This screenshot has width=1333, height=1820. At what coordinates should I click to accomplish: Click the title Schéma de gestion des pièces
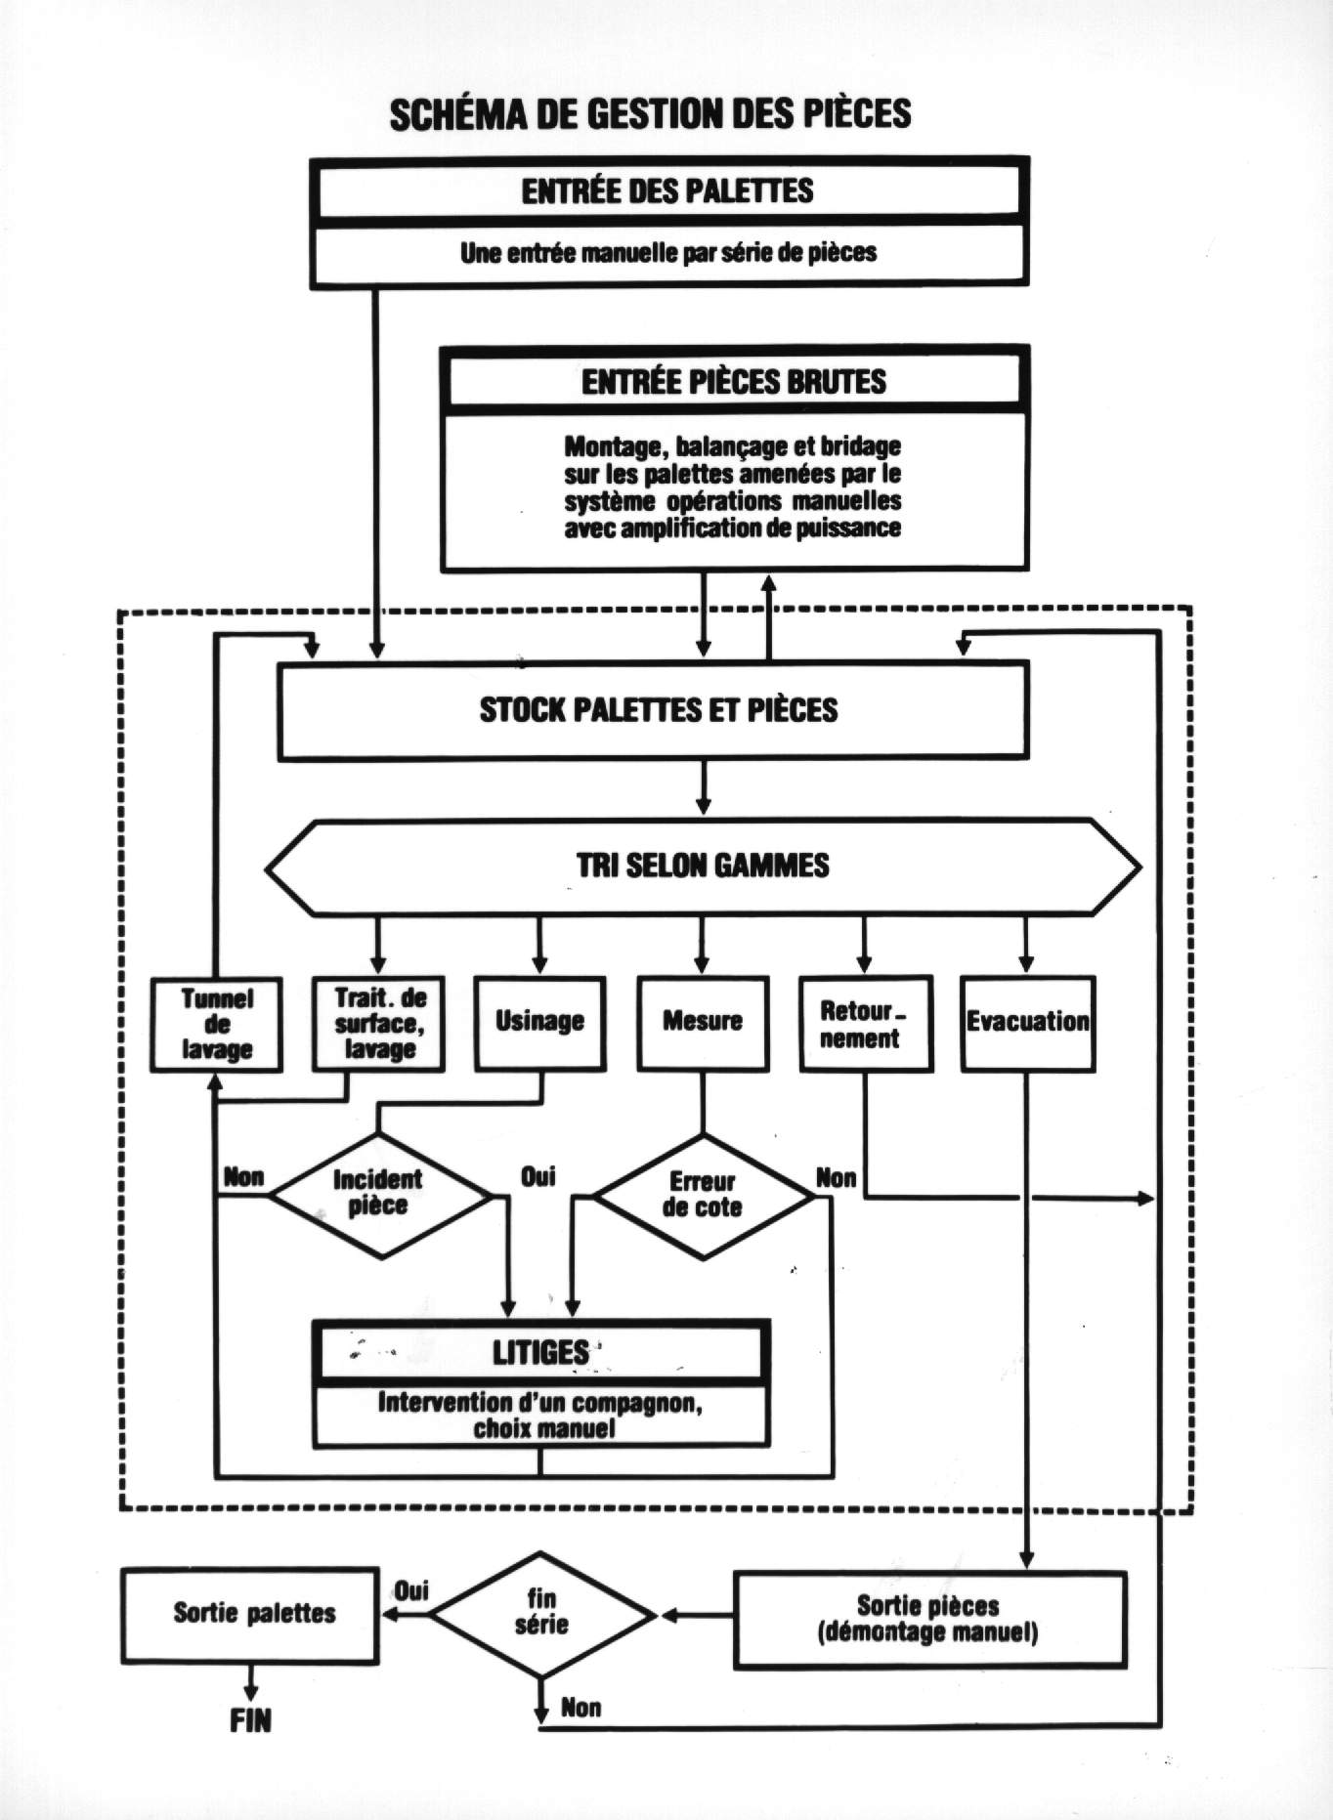pos(650,114)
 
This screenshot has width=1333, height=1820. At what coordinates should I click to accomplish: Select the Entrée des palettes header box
pos(668,190)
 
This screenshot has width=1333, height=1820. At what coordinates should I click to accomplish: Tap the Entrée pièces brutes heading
pos(734,381)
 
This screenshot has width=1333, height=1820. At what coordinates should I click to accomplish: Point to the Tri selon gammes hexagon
pos(703,866)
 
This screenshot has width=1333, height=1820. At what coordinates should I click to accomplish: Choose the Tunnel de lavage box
pos(217,1024)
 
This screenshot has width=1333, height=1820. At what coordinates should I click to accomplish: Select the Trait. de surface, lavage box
pos(379,1024)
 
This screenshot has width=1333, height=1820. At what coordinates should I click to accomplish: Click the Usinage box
pos(539,1022)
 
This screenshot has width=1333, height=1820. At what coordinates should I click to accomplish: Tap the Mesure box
pos(703,1022)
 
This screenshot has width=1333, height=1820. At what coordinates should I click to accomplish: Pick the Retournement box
pos(865,1024)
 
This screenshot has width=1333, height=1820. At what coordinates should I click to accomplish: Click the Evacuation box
pos(1027,1022)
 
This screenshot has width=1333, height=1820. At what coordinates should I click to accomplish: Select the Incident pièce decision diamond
pos(379,1194)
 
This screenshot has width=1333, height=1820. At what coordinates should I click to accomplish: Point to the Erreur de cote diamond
pos(703,1196)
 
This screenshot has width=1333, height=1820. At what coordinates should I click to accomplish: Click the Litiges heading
pos(540,1352)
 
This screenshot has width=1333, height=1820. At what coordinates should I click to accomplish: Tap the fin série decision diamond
pos(542,1616)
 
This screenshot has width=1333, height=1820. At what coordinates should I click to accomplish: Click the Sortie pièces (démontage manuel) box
pos(929,1619)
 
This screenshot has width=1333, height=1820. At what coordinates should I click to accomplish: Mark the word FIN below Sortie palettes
pos(250,1721)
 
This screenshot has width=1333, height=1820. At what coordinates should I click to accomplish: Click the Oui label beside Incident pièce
pos(538,1176)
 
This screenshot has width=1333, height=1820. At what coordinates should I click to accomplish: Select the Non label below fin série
pos(580,1709)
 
